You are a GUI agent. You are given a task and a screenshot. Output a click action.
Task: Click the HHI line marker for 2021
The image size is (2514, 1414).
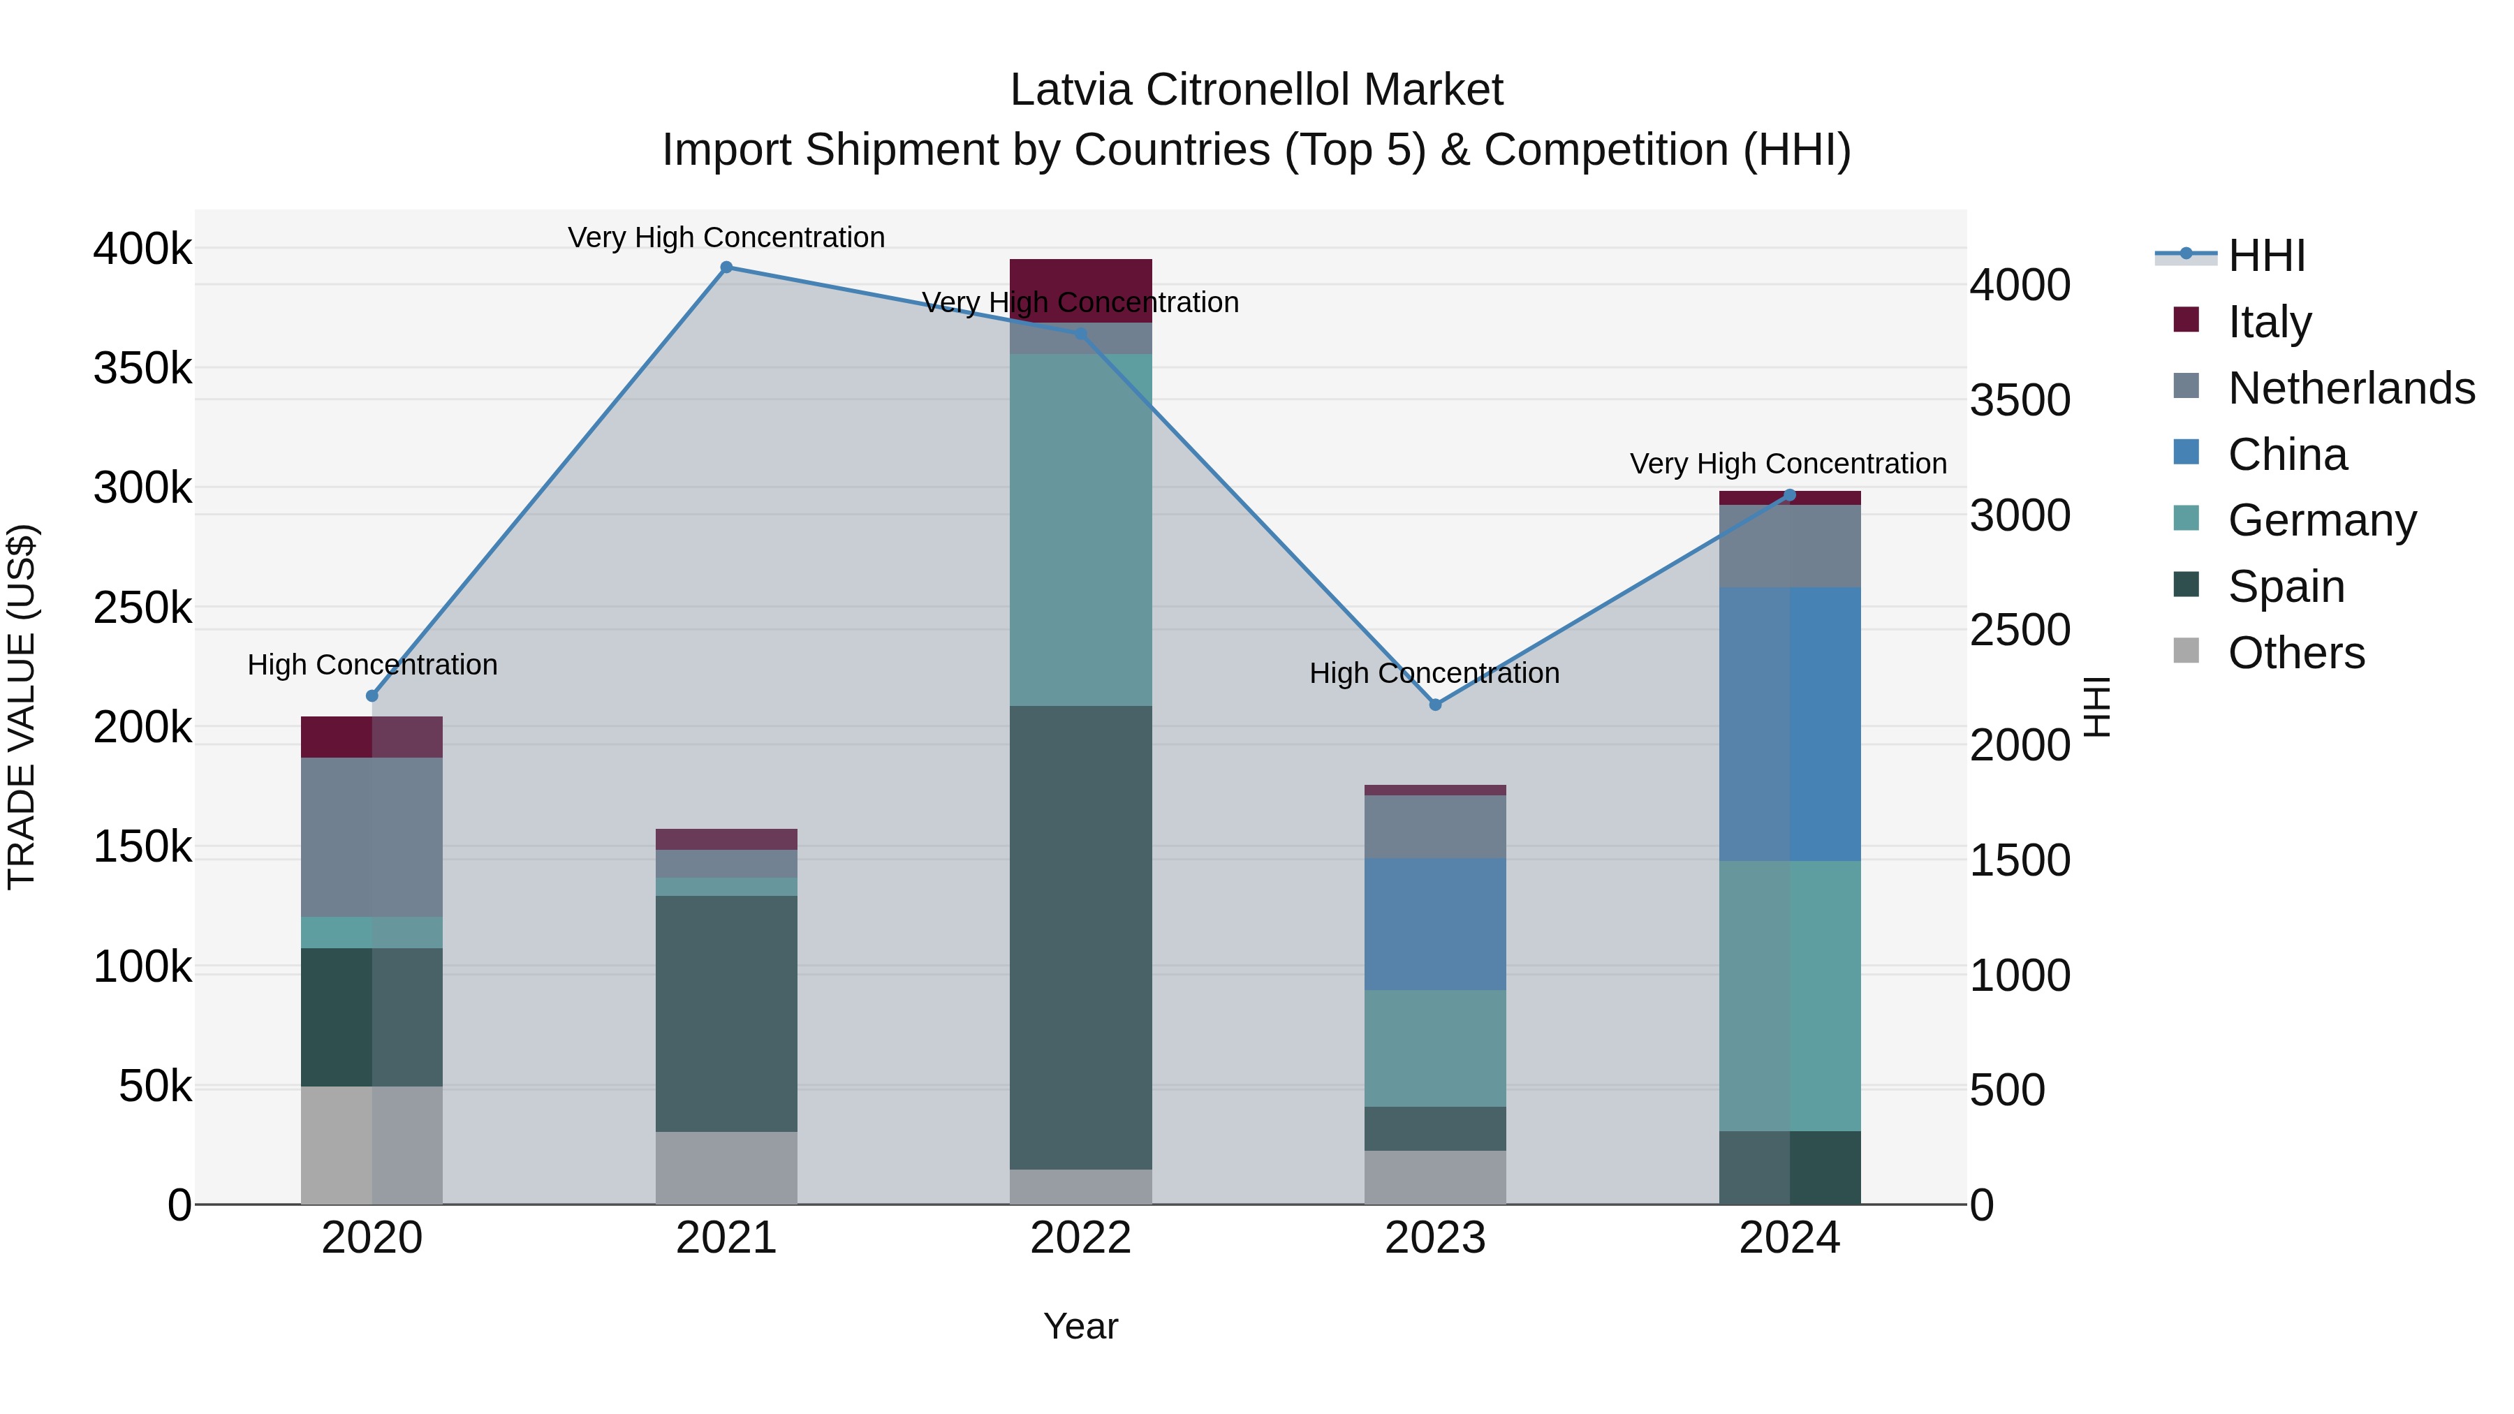pyautogui.click(x=726, y=267)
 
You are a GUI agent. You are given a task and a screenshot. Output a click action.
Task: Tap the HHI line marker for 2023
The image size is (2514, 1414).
pyautogui.click(x=1434, y=705)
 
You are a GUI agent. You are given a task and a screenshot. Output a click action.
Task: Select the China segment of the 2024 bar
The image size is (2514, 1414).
pyautogui.click(x=1789, y=724)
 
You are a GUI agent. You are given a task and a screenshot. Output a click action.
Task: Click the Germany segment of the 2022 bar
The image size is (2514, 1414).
pyautogui.click(x=1080, y=530)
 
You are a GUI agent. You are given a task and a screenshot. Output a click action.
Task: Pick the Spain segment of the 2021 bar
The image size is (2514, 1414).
pyautogui.click(x=726, y=1013)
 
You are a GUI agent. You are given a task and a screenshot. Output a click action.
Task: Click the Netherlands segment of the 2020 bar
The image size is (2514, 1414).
pyautogui.click(x=371, y=837)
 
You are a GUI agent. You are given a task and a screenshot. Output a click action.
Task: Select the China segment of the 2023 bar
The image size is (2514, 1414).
pyautogui.click(x=1434, y=924)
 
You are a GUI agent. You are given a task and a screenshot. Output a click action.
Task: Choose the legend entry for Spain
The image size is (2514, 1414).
pyautogui.click(x=2285, y=587)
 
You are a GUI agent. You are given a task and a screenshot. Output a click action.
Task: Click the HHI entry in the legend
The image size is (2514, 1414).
pyautogui.click(x=2266, y=256)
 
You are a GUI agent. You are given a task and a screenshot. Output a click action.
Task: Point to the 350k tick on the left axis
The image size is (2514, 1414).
pyautogui.click(x=142, y=369)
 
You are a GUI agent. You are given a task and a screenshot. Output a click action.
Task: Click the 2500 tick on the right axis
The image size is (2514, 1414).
pyautogui.click(x=2019, y=631)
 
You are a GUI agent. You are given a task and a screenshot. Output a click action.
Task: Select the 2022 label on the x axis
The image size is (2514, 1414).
pyautogui.click(x=1080, y=1238)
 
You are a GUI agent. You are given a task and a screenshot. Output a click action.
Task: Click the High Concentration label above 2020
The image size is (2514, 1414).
pyautogui.click(x=372, y=665)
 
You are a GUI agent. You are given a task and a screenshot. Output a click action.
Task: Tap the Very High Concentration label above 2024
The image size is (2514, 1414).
pyautogui.click(x=1788, y=464)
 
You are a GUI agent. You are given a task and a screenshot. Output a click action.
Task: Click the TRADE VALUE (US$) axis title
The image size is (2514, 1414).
pyautogui.click(x=22, y=707)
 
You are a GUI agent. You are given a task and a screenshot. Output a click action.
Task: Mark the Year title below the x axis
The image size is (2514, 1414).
pyautogui.click(x=1080, y=1326)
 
